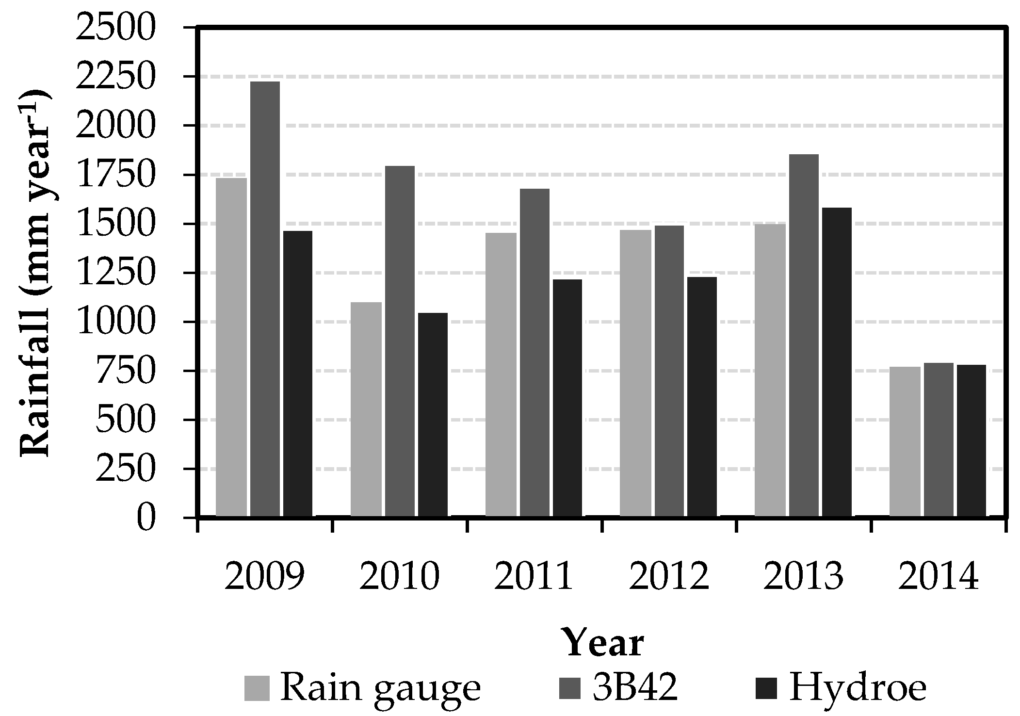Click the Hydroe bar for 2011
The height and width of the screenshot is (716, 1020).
(x=567, y=397)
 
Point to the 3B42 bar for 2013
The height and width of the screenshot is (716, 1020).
(x=804, y=335)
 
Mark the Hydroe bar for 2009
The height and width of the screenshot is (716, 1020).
(x=298, y=373)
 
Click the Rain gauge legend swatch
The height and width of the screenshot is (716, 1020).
(x=257, y=688)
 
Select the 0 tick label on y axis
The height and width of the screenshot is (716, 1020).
(x=146, y=518)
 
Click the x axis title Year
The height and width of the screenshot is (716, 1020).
(x=604, y=643)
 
